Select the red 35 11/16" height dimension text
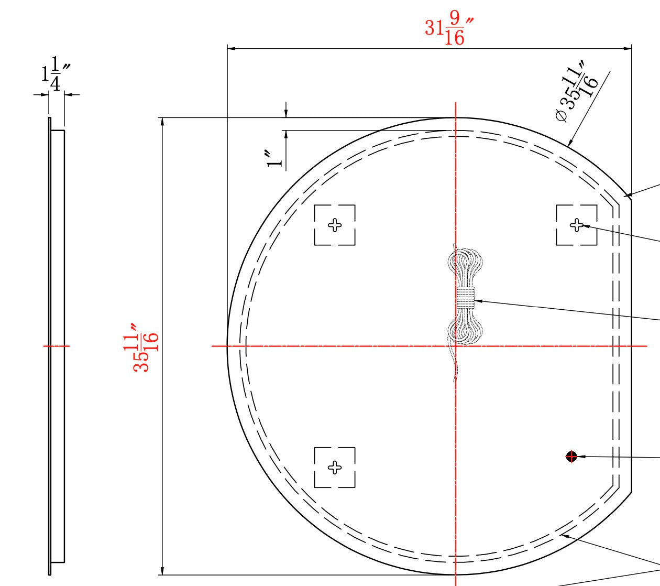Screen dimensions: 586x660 [145, 348]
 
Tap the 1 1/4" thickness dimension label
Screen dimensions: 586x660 [56, 74]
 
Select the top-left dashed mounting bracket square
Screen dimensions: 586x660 [335, 225]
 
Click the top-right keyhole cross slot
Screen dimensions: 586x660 [576, 225]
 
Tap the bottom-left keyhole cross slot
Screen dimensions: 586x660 [335, 467]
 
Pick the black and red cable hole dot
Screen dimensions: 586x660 [571, 457]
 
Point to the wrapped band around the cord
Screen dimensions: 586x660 [465, 298]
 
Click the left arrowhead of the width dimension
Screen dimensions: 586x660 [231, 49]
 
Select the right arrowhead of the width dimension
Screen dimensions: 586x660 [628, 49]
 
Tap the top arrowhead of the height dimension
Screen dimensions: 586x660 [162, 122]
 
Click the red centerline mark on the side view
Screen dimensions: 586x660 [56, 346]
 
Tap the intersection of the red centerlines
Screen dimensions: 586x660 [456, 346]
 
